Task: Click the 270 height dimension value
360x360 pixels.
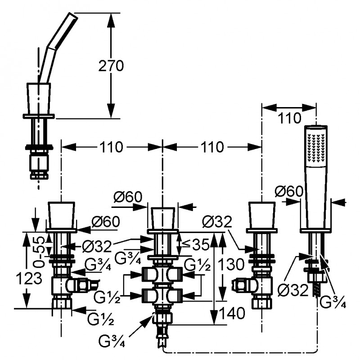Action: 111,66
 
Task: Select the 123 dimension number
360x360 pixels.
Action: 29,279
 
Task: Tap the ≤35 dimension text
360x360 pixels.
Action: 195,244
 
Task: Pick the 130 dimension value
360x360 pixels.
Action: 231,264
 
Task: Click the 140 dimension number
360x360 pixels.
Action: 232,313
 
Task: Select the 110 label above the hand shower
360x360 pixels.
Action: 289,118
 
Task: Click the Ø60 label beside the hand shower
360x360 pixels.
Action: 289,191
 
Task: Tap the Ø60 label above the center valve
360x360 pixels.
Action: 128,197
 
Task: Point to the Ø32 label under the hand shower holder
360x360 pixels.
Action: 292,290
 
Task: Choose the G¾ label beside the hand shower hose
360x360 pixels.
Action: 333,302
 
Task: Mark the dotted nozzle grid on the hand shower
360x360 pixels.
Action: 316,148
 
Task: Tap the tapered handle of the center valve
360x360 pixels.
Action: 163,218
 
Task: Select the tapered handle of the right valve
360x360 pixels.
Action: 262,215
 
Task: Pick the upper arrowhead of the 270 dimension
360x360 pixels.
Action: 111,19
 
